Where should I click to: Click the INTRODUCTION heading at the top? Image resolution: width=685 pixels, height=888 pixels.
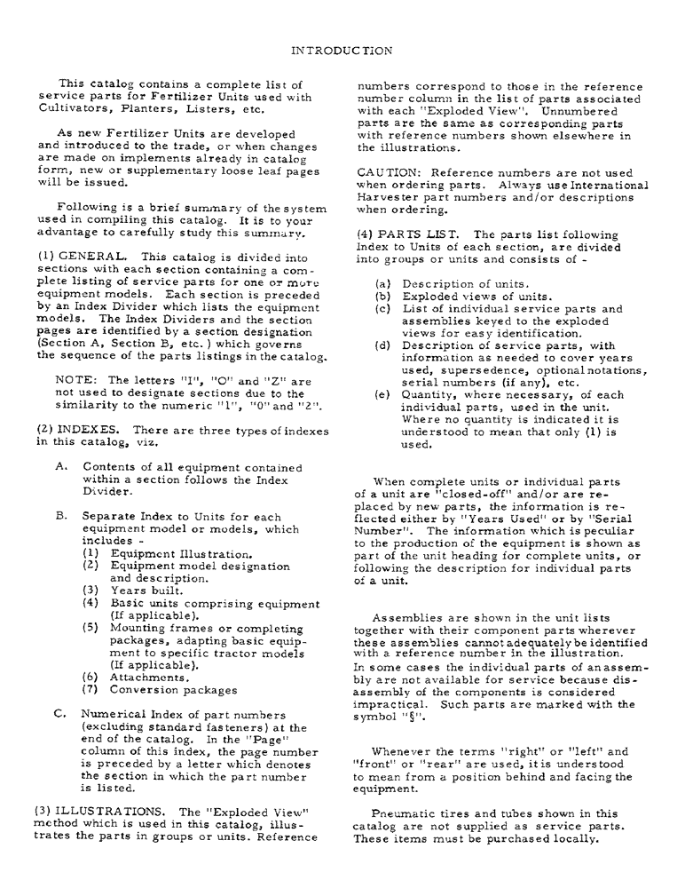point(342,51)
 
